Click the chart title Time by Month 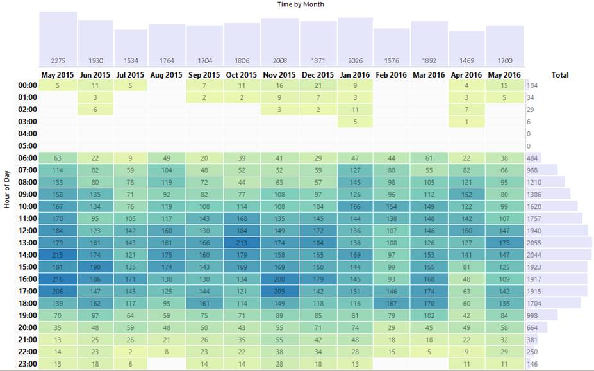(301, 4)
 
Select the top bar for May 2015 (58, 38)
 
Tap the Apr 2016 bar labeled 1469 (466, 48)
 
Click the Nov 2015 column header (279, 75)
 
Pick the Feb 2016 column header (392, 75)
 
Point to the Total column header (560, 75)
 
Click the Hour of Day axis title (7, 190)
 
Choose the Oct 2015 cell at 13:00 (242, 243)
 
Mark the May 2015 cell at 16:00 (58, 279)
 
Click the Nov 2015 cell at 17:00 (279, 292)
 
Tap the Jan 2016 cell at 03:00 (354, 122)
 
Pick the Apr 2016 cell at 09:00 (466, 194)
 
